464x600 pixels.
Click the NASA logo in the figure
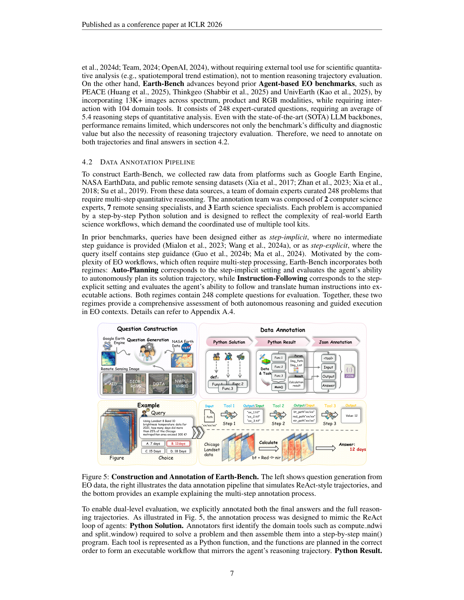point(186,347)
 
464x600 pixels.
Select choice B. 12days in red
point(178,443)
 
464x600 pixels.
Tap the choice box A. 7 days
point(153,443)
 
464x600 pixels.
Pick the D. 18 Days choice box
point(178,451)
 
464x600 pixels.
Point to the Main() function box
point(279,387)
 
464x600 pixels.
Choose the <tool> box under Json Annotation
point(328,358)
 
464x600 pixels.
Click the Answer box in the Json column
point(328,385)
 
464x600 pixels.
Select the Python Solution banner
point(229,342)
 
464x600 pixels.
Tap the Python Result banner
point(281,342)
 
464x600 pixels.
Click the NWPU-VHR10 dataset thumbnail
point(182,383)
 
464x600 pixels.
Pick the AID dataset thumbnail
point(113,383)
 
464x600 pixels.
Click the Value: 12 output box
point(351,416)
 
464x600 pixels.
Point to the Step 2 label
point(278,423)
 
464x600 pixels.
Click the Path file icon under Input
point(210,416)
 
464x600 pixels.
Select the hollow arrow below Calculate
point(268,449)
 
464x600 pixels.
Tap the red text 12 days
point(357,449)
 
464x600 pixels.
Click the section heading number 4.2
point(87,162)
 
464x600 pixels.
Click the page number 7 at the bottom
point(232,573)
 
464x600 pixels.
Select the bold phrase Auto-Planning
point(135,270)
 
